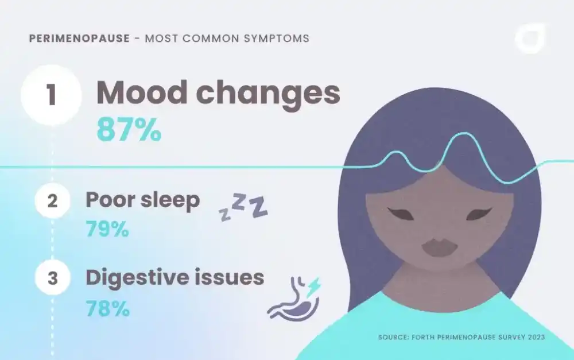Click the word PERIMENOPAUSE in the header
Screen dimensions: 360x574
pos(79,39)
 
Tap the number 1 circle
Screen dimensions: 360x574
pos(52,95)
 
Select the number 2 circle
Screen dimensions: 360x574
pos(52,202)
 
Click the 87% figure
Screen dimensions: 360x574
pos(129,130)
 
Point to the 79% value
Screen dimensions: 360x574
pos(107,230)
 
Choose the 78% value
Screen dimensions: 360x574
pos(107,308)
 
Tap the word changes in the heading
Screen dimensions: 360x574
pos(270,93)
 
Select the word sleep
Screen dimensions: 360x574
pos(170,200)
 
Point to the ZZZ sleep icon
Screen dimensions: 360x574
pos(243,207)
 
